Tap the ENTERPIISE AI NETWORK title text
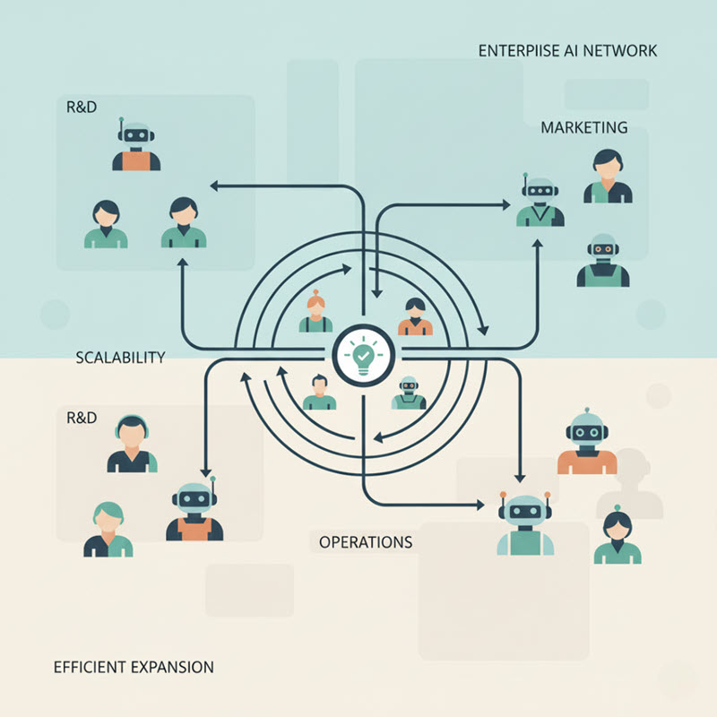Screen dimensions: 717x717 568,50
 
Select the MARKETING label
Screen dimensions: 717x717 583,127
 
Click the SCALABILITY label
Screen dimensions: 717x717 121,357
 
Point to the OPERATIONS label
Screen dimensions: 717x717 366,542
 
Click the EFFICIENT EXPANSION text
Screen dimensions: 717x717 134,667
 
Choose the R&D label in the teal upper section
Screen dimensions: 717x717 82,107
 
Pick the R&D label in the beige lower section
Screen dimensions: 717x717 82,417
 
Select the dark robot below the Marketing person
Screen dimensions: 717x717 602,260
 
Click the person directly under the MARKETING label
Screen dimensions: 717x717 609,176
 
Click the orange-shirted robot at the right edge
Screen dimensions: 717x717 587,443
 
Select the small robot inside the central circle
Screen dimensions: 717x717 409,393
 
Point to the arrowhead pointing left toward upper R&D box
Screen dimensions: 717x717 214,186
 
